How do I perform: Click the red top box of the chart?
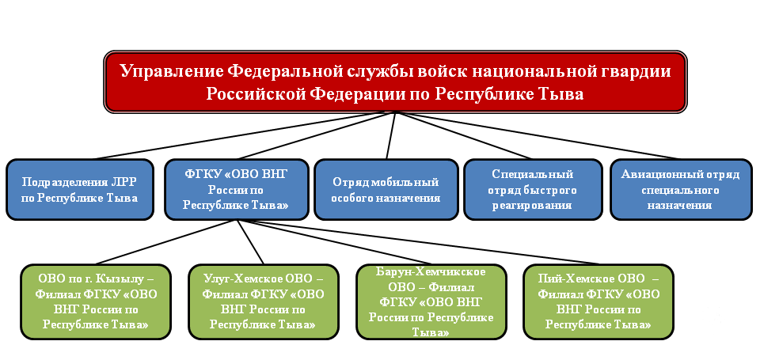[395, 81]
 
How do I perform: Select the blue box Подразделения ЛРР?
[80, 189]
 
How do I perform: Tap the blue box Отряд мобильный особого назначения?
[386, 189]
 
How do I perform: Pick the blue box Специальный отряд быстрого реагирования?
[533, 189]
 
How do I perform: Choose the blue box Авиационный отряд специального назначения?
[681, 189]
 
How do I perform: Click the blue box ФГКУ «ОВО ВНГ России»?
[237, 189]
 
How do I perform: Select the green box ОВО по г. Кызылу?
[96, 302]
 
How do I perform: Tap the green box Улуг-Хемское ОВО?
[263, 302]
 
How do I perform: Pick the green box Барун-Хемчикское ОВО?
[431, 302]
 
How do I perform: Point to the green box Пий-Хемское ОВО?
[598, 302]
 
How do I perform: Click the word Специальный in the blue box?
[533, 174]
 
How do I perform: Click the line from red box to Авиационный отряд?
[538, 135]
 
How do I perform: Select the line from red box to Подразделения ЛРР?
[245, 135]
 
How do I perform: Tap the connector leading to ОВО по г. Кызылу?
[165, 243]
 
